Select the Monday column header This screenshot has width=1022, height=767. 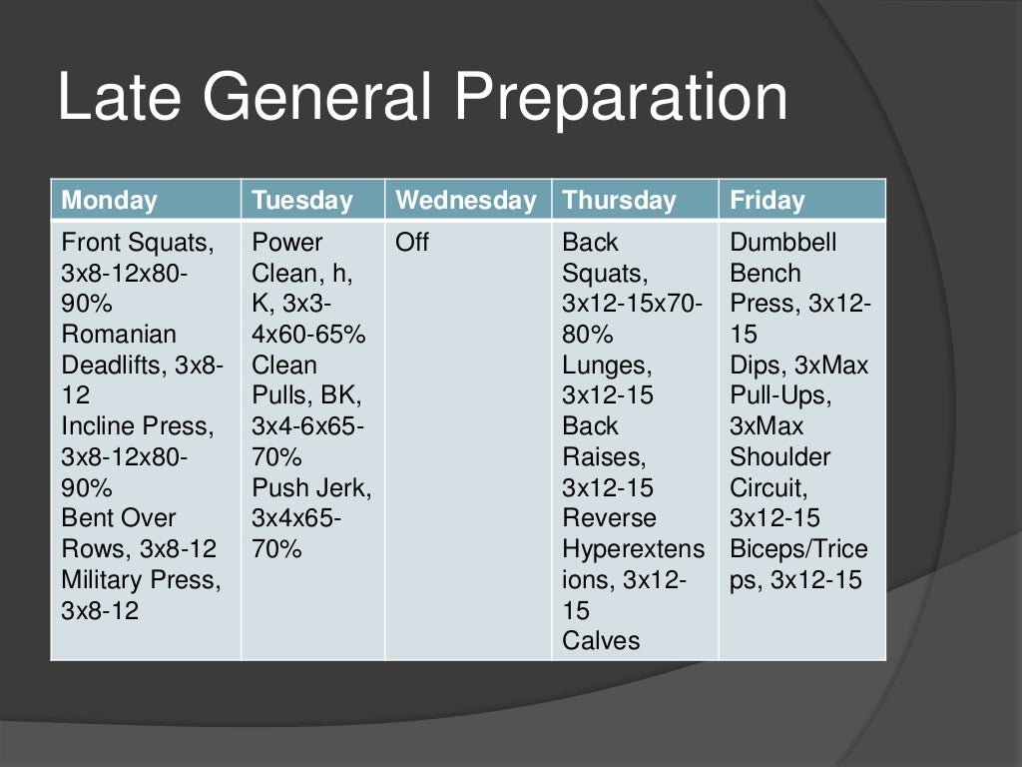[109, 200]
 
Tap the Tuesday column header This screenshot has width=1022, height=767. [302, 200]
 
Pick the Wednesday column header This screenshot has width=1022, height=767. [466, 200]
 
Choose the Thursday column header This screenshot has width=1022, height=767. [619, 200]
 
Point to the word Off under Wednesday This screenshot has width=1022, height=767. [412, 243]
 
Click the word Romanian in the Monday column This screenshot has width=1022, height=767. [119, 335]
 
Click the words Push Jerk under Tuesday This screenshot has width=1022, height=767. [311, 488]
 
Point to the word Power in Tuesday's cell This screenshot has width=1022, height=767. [287, 243]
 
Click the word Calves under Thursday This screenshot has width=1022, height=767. [601, 641]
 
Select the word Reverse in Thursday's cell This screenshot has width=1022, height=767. [609, 518]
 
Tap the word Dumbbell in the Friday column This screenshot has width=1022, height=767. [783, 243]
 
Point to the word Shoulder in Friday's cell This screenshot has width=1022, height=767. [779, 457]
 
